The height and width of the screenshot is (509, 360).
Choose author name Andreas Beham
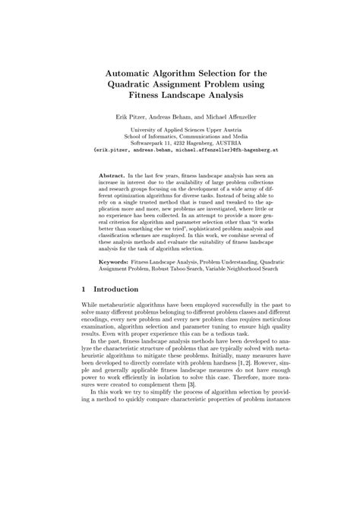[172, 119]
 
